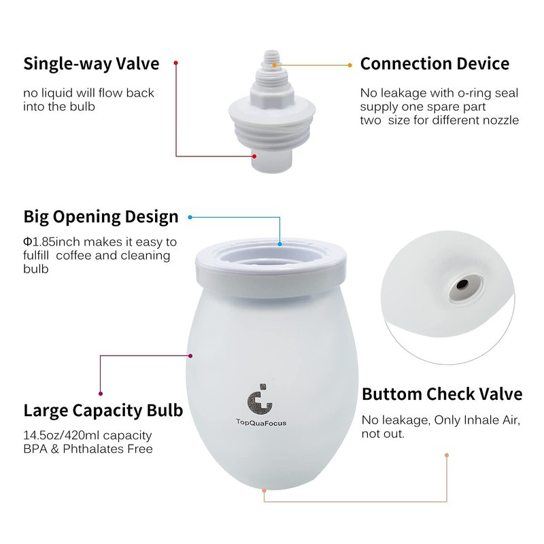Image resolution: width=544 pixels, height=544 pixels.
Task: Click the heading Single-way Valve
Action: (91, 64)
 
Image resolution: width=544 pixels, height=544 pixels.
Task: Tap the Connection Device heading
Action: (435, 64)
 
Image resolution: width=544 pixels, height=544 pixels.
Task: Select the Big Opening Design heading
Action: (101, 217)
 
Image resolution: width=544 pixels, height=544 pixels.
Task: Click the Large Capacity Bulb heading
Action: (103, 411)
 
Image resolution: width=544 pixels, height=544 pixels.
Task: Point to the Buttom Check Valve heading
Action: (442, 394)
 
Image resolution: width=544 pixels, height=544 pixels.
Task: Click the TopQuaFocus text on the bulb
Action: (261, 422)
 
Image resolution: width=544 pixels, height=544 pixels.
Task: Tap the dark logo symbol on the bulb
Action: (260, 399)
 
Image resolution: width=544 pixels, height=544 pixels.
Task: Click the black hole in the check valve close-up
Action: (462, 285)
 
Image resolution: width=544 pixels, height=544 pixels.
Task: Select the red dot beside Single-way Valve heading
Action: (176, 63)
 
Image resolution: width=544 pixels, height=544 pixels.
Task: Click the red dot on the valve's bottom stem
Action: (254, 156)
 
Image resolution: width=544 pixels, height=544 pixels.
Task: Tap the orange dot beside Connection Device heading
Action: (350, 65)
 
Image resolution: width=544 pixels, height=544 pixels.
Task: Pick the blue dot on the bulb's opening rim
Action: (280, 244)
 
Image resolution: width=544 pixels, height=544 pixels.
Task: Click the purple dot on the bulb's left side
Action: (190, 356)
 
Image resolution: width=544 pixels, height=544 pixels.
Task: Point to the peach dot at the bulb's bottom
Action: (264, 490)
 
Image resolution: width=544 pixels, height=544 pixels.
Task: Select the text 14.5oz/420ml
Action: (61, 436)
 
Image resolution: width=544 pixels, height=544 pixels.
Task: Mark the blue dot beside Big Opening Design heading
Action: (190, 217)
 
